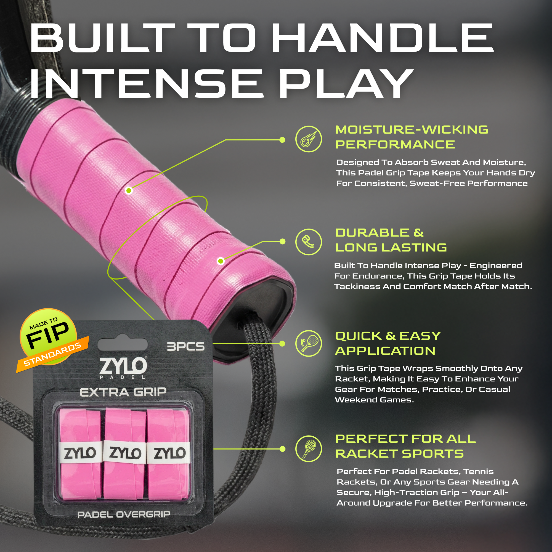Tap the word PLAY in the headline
point(346,84)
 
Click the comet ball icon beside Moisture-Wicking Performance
point(309,139)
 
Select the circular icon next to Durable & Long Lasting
point(309,242)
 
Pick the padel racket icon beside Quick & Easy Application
point(309,343)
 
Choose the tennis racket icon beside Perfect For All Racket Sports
point(309,449)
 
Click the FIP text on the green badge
point(48,335)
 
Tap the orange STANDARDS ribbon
point(53,354)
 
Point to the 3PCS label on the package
point(186,347)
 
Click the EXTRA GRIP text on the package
point(123,392)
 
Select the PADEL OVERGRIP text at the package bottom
point(124,514)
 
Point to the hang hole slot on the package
point(123,345)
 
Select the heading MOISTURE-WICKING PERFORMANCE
point(412,137)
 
